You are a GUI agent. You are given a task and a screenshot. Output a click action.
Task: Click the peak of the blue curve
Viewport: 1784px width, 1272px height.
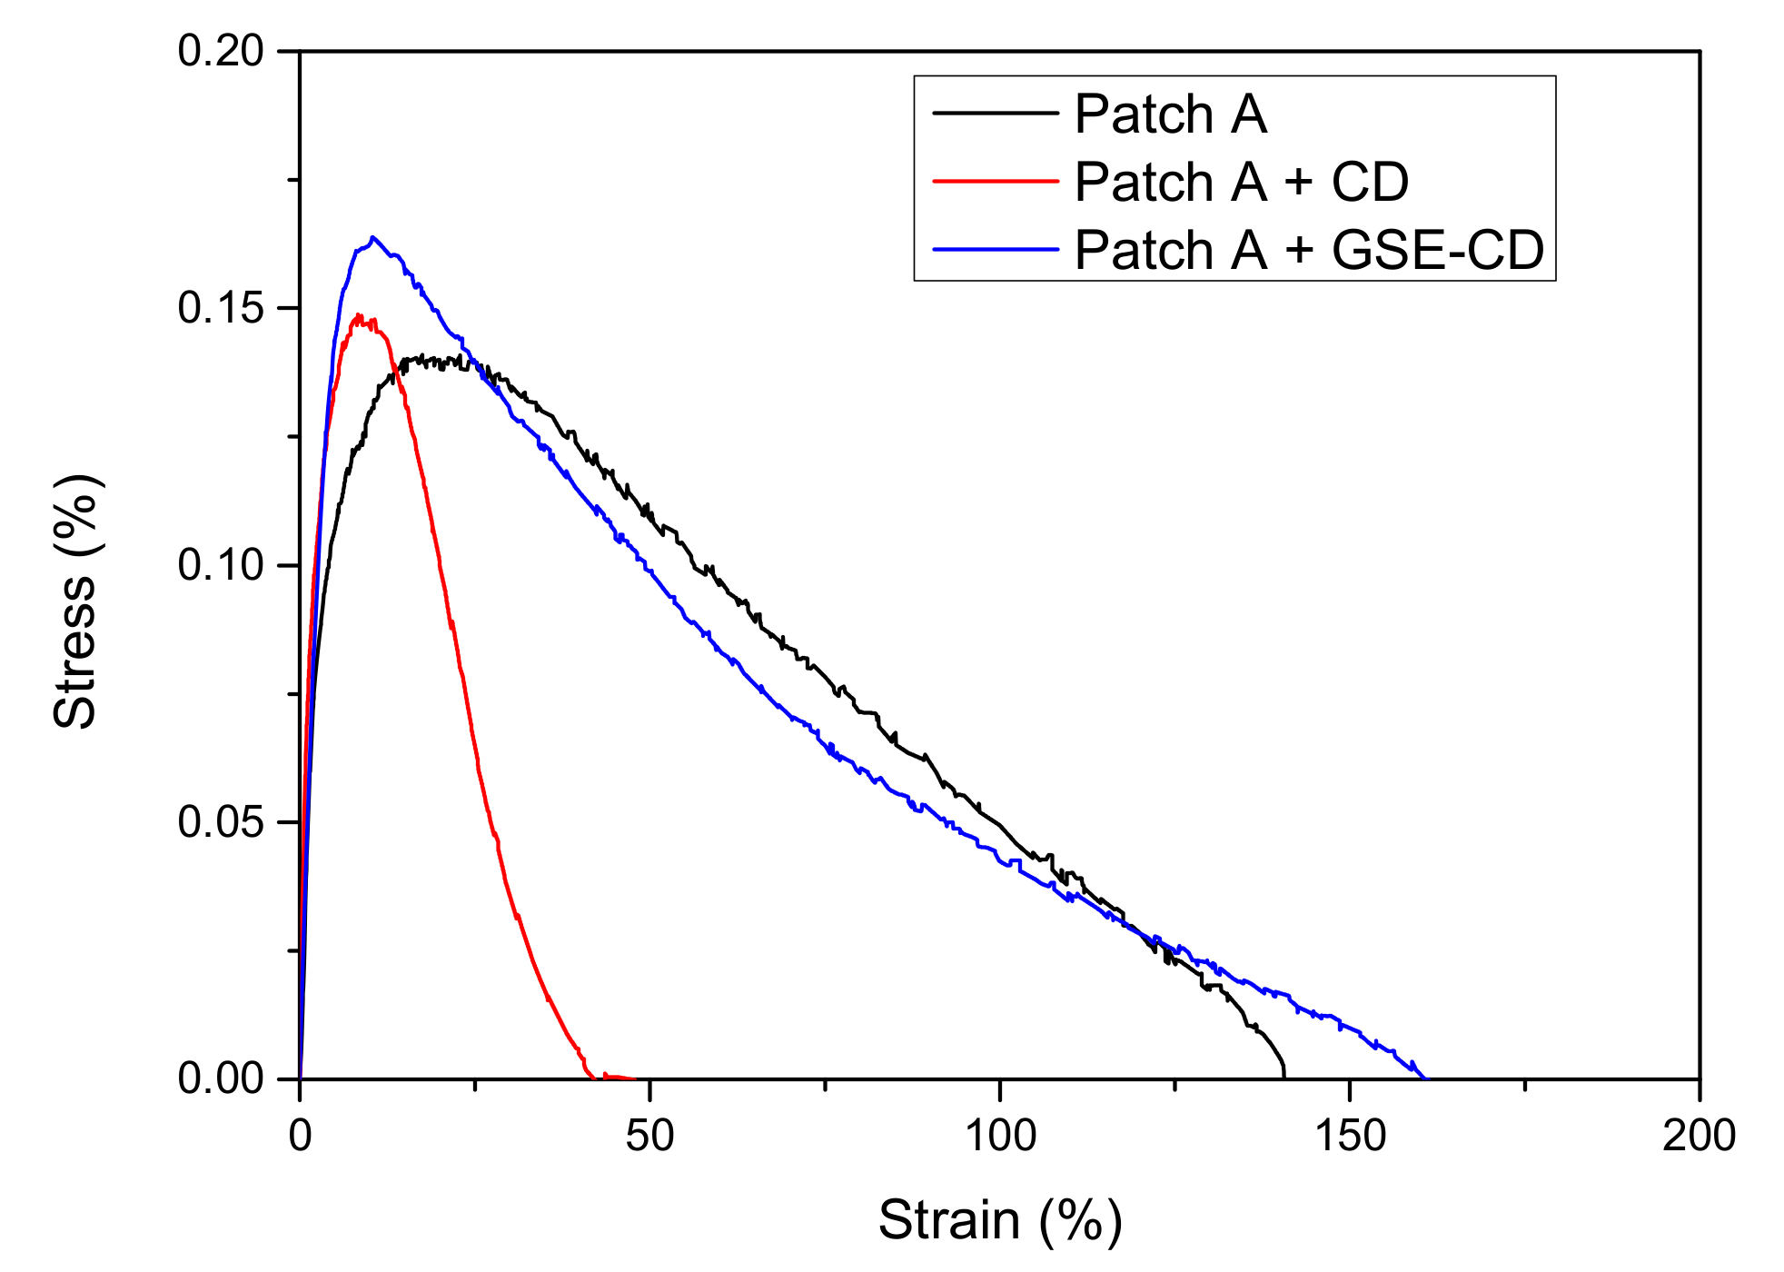372,238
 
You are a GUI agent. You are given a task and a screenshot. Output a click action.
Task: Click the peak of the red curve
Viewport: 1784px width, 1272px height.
360,316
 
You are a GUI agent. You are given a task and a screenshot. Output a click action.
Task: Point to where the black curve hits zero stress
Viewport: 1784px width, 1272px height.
1283,1077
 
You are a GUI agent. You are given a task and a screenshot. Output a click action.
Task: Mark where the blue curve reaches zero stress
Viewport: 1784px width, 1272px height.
1424,1078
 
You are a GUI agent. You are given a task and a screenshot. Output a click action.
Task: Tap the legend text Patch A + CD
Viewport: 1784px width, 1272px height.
1241,182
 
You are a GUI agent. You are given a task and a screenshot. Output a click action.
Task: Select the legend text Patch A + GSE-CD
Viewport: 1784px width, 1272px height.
1308,250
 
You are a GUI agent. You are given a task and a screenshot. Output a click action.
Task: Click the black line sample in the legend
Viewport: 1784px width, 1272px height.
995,114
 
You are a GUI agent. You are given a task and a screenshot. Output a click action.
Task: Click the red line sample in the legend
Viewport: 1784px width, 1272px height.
995,182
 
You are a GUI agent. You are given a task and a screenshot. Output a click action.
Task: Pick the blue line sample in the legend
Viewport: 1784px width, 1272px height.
995,249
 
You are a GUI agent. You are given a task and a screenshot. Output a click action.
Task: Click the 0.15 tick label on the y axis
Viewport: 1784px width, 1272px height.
221,309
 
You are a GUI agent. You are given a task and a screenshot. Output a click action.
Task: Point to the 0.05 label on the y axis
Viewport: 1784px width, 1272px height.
221,822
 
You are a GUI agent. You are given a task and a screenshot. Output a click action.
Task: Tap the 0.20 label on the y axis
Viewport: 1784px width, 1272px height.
221,52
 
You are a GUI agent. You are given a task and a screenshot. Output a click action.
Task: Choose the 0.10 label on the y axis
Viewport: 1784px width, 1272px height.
221,565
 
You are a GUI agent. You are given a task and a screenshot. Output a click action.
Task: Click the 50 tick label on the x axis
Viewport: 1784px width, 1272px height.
649,1136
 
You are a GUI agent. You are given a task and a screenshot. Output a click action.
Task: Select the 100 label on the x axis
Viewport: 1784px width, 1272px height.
999,1136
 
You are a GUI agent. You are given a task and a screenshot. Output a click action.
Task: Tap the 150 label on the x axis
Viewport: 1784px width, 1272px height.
1350,1136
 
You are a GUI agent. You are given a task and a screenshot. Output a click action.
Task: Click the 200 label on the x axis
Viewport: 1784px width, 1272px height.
1699,1136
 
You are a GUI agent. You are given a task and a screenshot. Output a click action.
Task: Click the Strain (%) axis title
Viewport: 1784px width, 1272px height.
999,1219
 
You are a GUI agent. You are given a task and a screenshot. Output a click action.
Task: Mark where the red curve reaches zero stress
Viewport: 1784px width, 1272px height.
592,1077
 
